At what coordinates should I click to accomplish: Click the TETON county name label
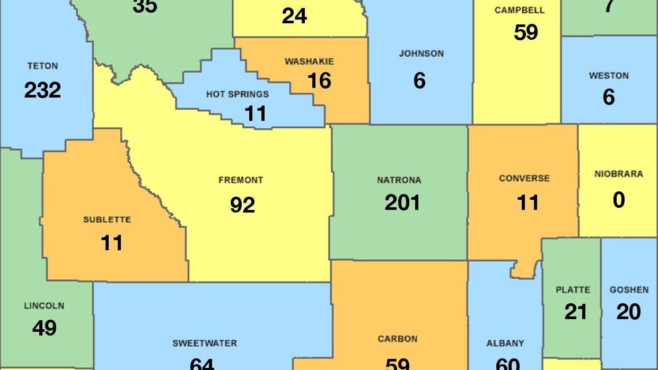point(42,66)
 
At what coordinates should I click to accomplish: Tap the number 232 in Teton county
point(42,90)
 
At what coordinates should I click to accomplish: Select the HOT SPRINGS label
point(238,94)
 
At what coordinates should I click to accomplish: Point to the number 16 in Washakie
point(319,81)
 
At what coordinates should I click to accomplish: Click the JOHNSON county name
point(421,54)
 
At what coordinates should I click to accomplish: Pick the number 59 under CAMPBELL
point(525,32)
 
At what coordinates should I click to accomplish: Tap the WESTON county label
point(609,76)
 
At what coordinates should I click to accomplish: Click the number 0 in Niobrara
point(618,200)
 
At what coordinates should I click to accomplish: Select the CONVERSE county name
point(524,179)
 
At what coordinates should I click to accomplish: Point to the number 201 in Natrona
point(402,202)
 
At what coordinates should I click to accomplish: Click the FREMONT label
point(241,180)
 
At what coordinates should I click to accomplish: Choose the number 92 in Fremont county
point(242,205)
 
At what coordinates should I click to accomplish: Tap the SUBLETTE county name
point(107,219)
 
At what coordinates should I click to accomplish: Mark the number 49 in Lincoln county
point(44,328)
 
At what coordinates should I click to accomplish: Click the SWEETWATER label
point(205,343)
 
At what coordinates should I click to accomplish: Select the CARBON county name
point(397,339)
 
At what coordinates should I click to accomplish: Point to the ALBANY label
point(505,343)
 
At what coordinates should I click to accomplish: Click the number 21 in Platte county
point(575,312)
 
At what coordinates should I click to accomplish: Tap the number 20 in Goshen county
point(628,312)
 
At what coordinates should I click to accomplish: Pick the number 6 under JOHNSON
point(419,81)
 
